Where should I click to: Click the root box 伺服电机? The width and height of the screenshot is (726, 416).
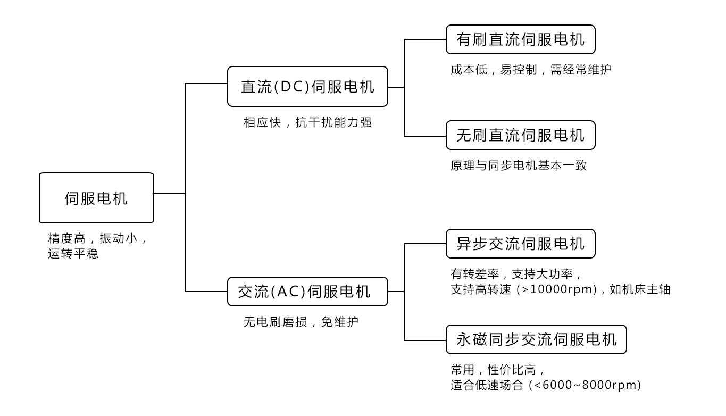[x=96, y=198]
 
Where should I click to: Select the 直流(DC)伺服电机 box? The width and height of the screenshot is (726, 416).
[x=307, y=86]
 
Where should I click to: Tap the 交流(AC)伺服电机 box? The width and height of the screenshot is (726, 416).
[x=307, y=292]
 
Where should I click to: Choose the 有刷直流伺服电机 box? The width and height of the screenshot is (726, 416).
[x=520, y=39]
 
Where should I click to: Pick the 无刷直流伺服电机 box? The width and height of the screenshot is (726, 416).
[x=520, y=135]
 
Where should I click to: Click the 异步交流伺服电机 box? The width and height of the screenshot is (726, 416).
[x=520, y=244]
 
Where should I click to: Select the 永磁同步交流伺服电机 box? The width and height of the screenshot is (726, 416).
[x=536, y=339]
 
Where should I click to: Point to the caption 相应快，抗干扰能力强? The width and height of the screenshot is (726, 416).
[x=307, y=123]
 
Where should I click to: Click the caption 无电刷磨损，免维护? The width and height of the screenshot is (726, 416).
[x=301, y=322]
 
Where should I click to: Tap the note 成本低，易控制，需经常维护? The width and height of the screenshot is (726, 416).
[x=531, y=70]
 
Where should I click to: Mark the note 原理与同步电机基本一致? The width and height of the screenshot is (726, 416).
[x=519, y=165]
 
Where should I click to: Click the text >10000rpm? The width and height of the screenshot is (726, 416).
[x=560, y=290]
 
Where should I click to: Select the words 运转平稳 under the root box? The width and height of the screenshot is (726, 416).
[x=73, y=254]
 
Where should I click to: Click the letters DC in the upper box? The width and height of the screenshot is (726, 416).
[x=291, y=87]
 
